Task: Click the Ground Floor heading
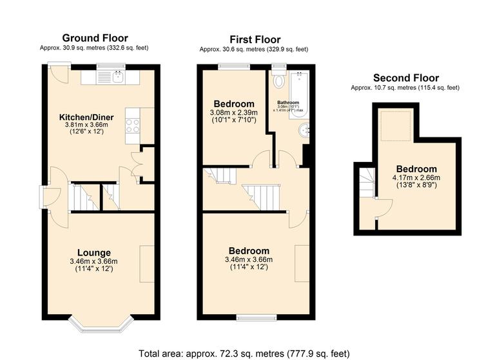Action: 95,38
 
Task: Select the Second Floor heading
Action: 404,77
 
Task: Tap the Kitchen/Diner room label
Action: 86,117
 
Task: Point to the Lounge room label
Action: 94,252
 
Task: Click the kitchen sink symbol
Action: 117,77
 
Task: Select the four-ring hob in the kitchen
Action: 132,125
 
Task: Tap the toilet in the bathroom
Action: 278,81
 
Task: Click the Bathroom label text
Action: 288,103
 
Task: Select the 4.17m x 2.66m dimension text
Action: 416,179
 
